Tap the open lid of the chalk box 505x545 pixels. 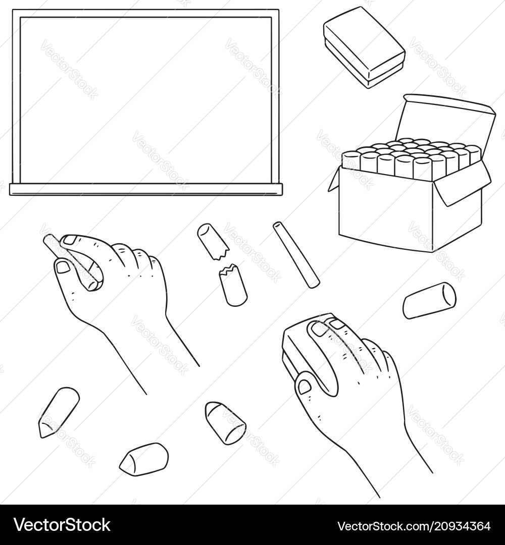click(x=444, y=121)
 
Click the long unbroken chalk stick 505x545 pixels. click(x=296, y=255)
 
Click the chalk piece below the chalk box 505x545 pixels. click(x=429, y=301)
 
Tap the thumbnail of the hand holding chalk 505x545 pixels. click(x=63, y=266)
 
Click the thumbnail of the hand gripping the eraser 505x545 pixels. click(x=304, y=387)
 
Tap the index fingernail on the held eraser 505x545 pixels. click(x=320, y=329)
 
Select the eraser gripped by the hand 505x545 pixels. click(x=298, y=348)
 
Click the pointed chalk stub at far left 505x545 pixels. click(x=58, y=412)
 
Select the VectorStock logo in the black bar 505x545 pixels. click(x=62, y=525)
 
